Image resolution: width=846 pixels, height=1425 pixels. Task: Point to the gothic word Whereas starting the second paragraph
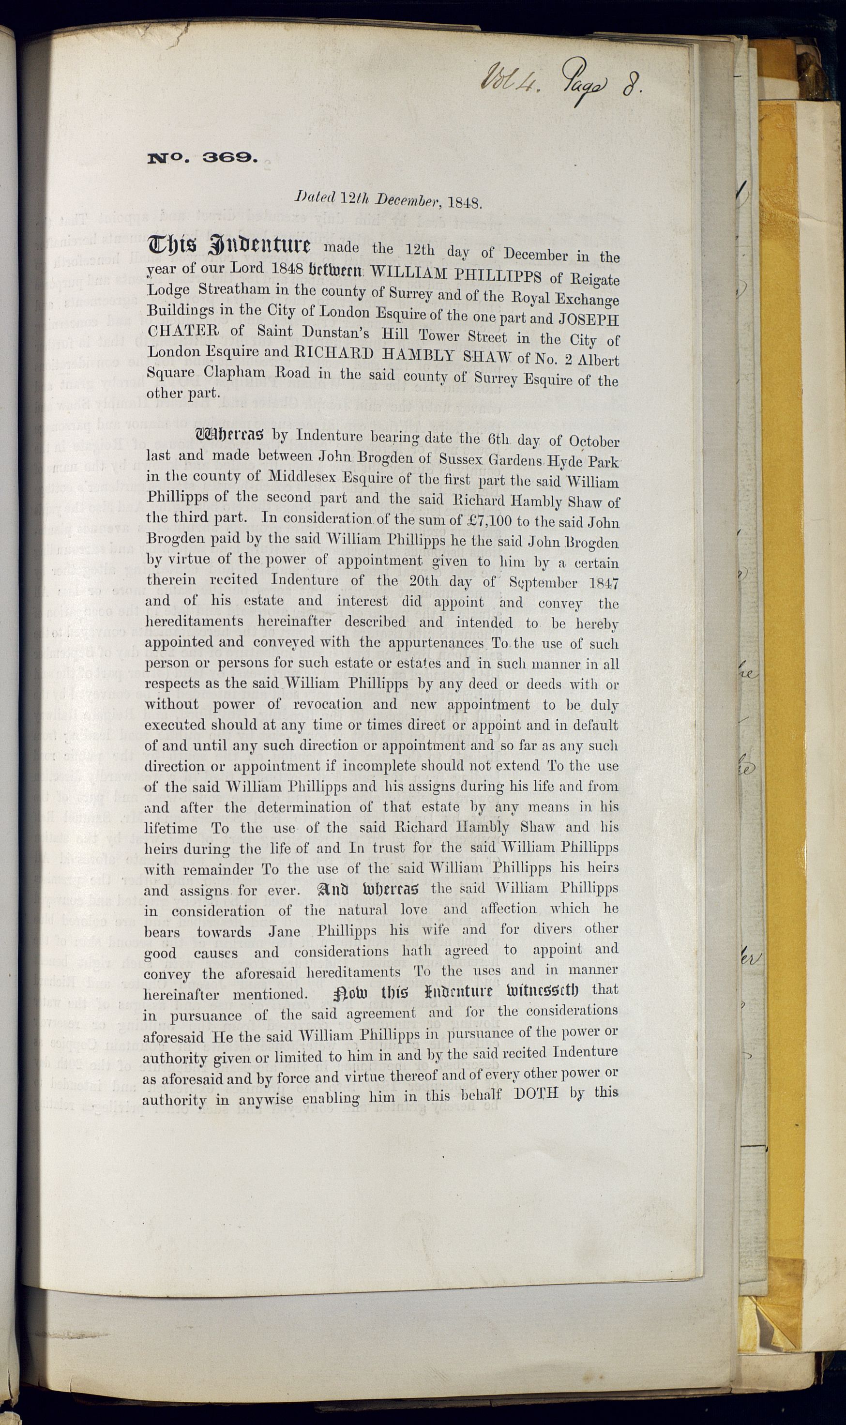pos(230,436)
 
